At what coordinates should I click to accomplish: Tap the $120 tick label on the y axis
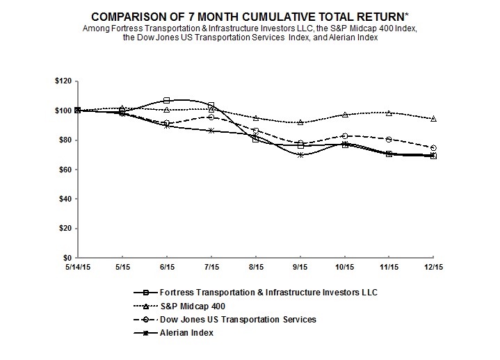(x=63, y=81)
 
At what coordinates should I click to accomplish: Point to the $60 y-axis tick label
(x=65, y=170)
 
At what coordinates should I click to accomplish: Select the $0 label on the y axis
(x=67, y=258)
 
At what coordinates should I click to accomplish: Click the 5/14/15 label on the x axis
(x=78, y=267)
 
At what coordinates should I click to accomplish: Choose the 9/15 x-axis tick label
(x=300, y=267)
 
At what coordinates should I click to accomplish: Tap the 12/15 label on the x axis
(x=434, y=267)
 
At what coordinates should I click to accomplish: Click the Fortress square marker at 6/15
(x=166, y=100)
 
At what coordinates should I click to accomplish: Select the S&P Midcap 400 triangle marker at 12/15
(x=434, y=119)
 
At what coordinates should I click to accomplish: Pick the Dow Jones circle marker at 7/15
(x=211, y=117)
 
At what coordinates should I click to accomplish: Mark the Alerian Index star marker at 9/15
(x=300, y=155)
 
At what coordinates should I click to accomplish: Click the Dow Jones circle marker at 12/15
(x=434, y=148)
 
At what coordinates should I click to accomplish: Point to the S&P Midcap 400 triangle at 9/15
(x=300, y=122)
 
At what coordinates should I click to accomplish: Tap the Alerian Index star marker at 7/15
(x=211, y=131)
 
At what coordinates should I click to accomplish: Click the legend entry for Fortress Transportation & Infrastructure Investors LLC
(x=255, y=293)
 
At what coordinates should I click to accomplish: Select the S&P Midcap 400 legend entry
(x=179, y=306)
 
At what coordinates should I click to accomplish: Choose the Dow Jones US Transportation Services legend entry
(x=225, y=320)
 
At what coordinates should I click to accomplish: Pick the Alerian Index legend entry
(x=173, y=333)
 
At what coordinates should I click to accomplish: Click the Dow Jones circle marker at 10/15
(x=345, y=136)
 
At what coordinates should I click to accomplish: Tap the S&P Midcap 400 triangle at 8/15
(x=255, y=118)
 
